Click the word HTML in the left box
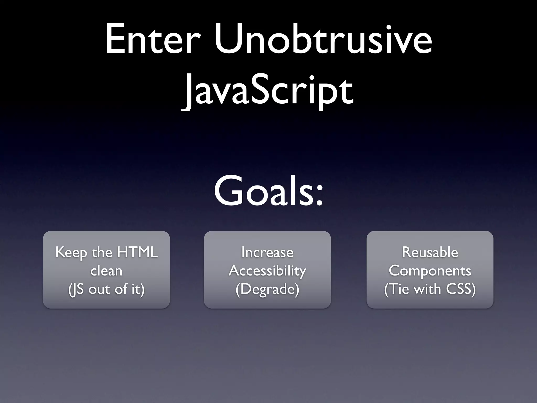point(137,252)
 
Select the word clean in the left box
point(106,271)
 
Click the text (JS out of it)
point(106,289)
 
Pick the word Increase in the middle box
point(267,252)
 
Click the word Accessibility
point(267,271)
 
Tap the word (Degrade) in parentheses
point(267,289)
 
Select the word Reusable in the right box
point(430,252)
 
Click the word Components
point(430,271)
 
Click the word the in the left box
point(102,252)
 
